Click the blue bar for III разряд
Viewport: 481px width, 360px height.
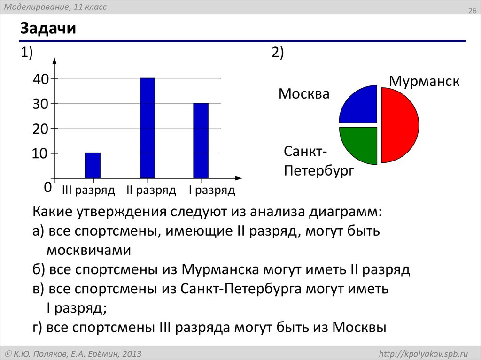93,165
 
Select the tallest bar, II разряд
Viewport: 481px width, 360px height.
147,128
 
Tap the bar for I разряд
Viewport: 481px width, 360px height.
201,140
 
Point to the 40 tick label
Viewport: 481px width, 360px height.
41,79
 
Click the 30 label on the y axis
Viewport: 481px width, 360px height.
41,104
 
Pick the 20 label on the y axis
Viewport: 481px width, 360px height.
41,129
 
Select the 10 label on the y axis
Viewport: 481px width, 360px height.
41,154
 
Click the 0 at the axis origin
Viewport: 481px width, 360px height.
47,187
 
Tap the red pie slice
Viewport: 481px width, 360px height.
399,125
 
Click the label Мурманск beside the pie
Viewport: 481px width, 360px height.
424,81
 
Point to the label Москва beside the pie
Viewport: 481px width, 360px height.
304,94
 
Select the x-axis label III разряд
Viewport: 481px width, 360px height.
88,191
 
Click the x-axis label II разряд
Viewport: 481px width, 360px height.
151,191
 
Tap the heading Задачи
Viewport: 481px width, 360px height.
48,29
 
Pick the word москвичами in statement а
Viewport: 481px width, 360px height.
88,250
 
